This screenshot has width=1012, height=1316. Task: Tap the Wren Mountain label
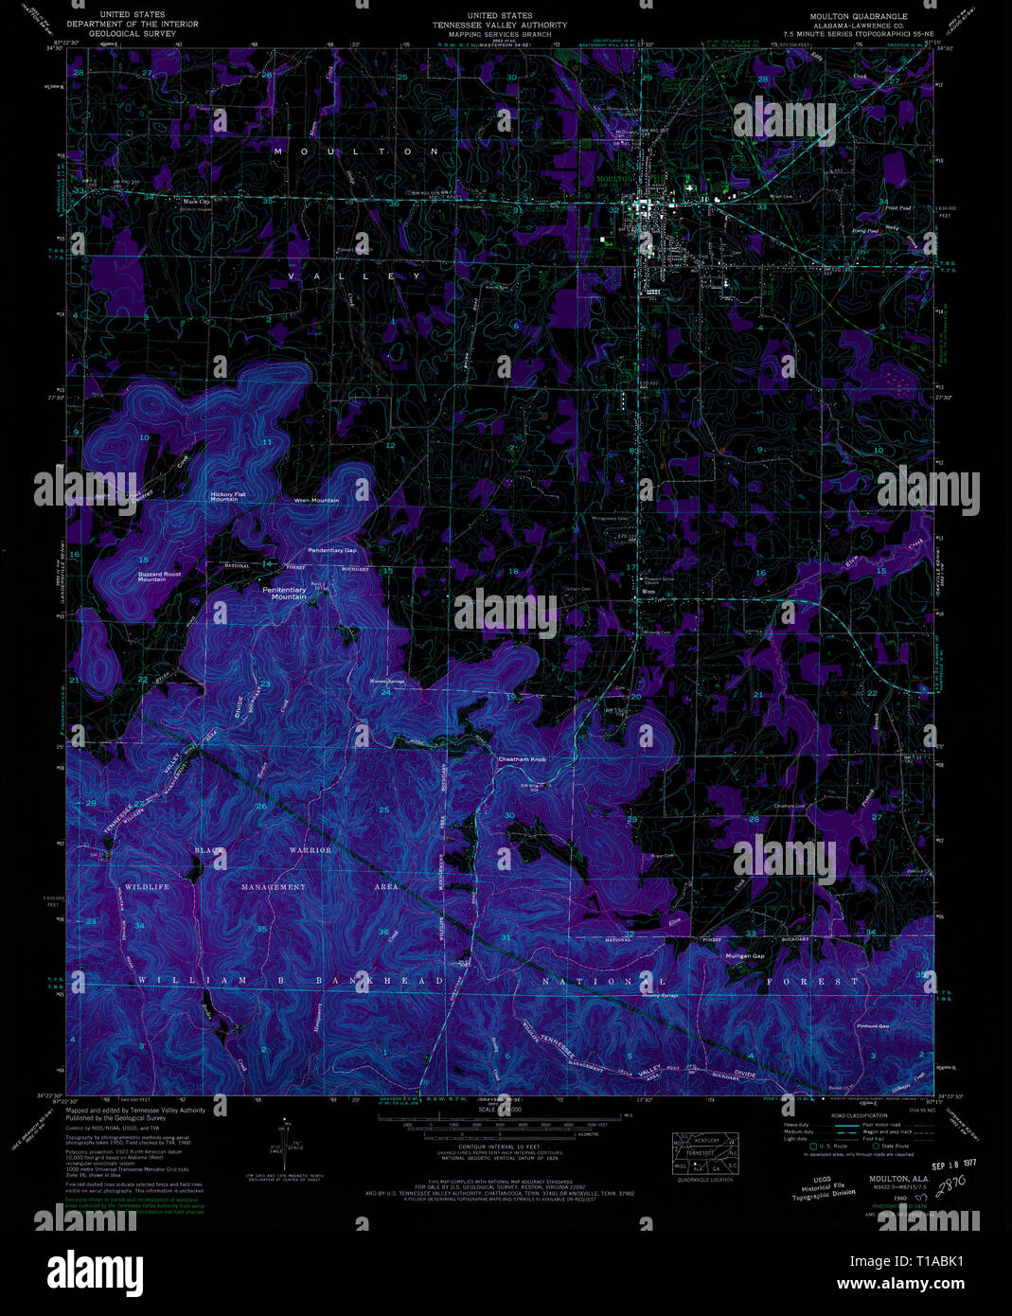316,500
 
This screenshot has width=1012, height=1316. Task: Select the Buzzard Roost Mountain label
158,576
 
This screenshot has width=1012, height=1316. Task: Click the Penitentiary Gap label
331,550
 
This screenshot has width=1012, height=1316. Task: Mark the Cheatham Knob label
523,759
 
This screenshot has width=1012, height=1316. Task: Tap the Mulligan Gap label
744,956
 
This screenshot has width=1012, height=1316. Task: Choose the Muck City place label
197,201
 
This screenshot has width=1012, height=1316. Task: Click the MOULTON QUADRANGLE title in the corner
858,16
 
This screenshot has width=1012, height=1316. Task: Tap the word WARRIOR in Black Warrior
311,850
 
